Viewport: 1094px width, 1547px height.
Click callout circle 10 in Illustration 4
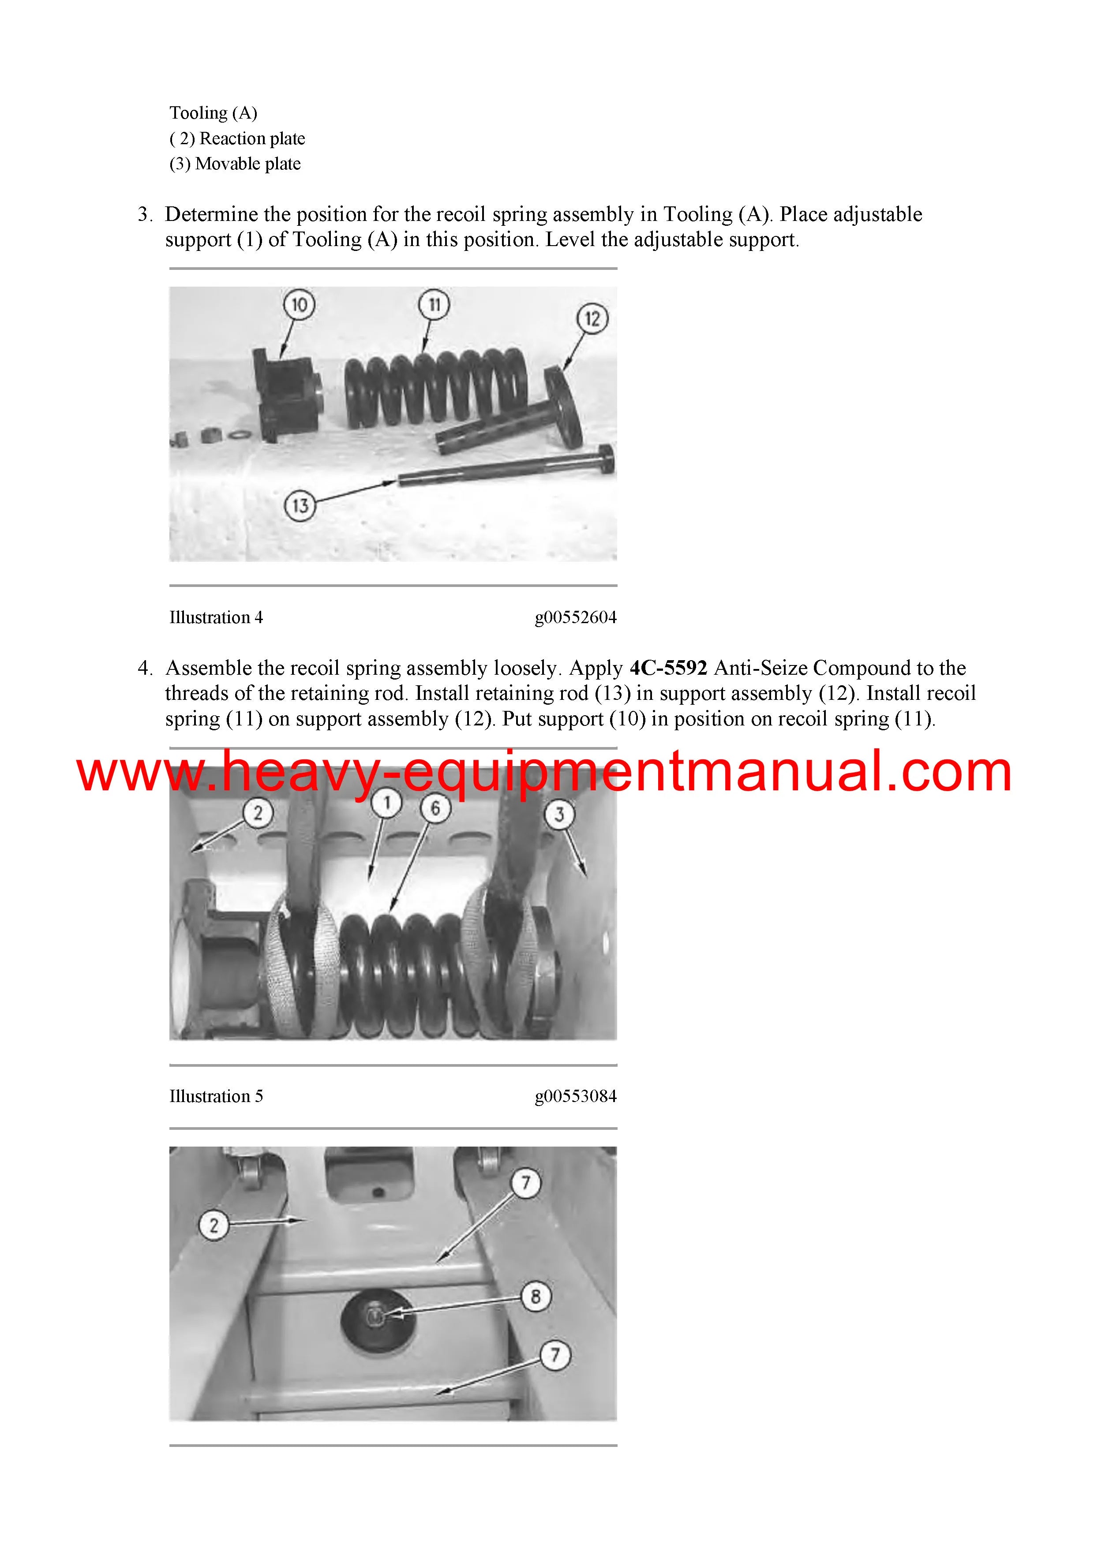[x=299, y=305]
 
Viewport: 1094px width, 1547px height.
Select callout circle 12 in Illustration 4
[x=592, y=319]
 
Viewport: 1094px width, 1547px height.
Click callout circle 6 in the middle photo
[x=435, y=808]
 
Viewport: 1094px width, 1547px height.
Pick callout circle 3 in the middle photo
[x=559, y=815]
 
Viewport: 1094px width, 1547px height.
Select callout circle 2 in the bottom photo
[x=214, y=1225]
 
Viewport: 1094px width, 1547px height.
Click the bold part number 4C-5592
[x=668, y=668]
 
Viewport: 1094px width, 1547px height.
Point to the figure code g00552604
[x=576, y=618]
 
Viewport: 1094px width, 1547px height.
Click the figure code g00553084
[x=576, y=1096]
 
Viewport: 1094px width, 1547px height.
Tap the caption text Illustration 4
[x=216, y=618]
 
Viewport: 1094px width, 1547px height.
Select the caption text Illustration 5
[x=216, y=1096]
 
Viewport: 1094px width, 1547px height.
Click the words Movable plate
[x=248, y=164]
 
